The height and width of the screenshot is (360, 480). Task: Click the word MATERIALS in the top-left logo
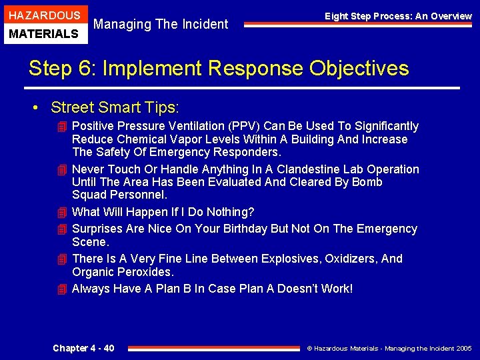tap(44, 33)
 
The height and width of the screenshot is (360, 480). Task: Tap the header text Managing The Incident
tap(161, 25)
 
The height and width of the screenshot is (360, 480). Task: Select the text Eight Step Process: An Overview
tap(398, 16)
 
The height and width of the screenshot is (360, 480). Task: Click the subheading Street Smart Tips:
tap(115, 107)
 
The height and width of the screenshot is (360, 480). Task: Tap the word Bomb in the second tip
tap(368, 182)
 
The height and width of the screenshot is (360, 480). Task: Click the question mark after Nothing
tap(251, 212)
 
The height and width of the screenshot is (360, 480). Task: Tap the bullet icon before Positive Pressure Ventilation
tap(62, 126)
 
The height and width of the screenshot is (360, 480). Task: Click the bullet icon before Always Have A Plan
tap(62, 289)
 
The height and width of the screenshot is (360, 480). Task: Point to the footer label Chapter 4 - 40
tap(83, 348)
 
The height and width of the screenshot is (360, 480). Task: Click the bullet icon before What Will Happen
tap(62, 212)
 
